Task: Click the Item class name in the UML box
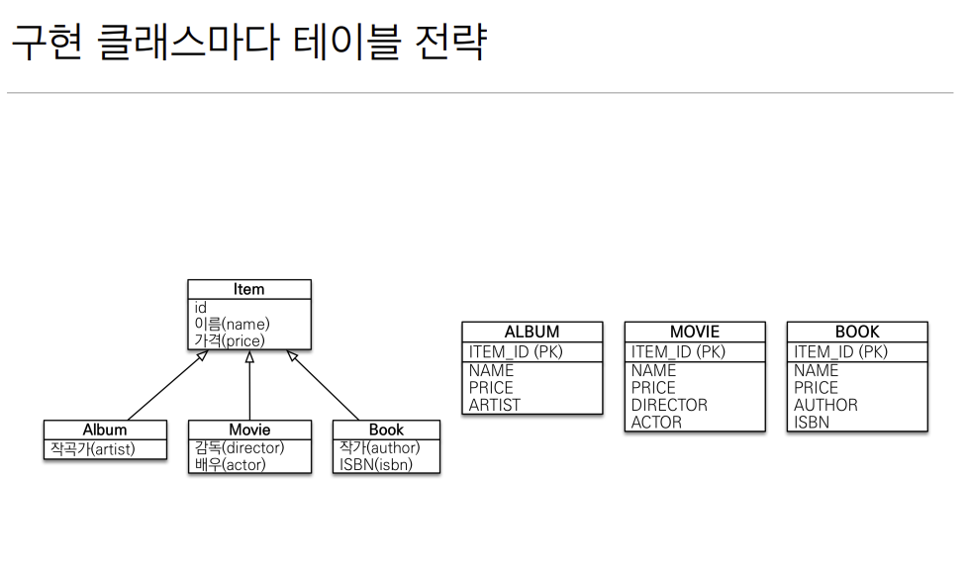pos(248,289)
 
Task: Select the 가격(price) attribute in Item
pos(230,340)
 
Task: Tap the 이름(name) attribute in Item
pos(232,324)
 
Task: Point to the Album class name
pos(105,430)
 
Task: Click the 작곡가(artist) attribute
pos(93,449)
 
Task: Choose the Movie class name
pos(249,430)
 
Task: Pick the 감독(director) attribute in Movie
pos(240,447)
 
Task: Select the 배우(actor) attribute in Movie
pos(231,464)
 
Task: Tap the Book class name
pos(386,430)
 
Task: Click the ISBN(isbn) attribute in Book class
pos(376,464)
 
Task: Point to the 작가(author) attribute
pos(380,447)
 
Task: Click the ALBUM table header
pos(532,332)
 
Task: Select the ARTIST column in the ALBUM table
pos(495,405)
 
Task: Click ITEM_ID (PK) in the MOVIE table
pos(678,351)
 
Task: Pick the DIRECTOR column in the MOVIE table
pos(669,405)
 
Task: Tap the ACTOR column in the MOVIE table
pos(656,422)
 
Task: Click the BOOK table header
pos(857,332)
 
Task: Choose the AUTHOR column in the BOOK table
pos(825,405)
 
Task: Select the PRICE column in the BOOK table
pos(816,388)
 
